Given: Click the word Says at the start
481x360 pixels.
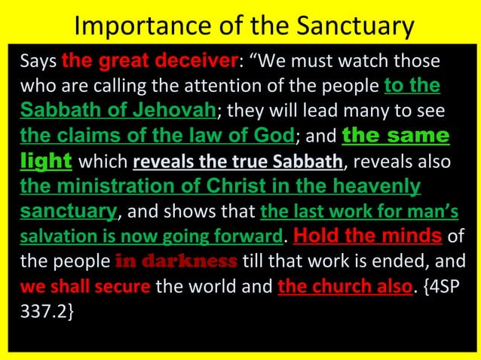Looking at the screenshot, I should pos(38,60).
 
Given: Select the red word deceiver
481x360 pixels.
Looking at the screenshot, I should pos(203,60).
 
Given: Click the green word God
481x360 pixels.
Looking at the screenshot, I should pos(274,136).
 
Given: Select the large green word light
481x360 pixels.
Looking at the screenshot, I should pos(46,160).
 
